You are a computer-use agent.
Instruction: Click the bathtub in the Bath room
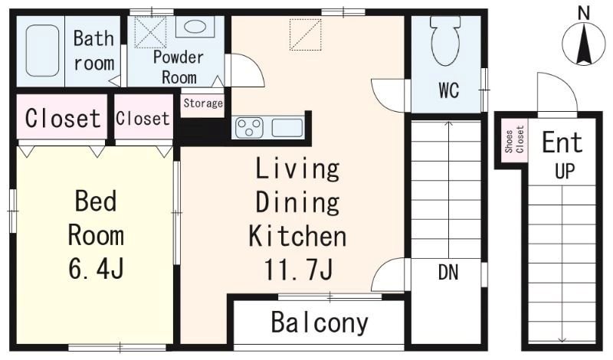pyautogui.click(x=43, y=51)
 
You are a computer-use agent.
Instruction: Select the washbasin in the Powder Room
pyautogui.click(x=195, y=27)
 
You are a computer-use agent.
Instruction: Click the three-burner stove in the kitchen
pyautogui.click(x=250, y=128)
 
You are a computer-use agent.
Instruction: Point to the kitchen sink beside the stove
pyautogui.click(x=287, y=128)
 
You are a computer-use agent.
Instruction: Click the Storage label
pyautogui.click(x=203, y=103)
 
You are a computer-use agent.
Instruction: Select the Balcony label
pyautogui.click(x=320, y=323)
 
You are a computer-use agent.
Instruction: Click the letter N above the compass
pyautogui.click(x=584, y=14)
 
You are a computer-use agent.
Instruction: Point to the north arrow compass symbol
pyautogui.click(x=584, y=44)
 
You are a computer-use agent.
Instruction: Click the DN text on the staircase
pyautogui.click(x=448, y=273)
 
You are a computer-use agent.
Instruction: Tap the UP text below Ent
pyautogui.click(x=565, y=172)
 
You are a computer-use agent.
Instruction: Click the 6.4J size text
pyautogui.click(x=97, y=268)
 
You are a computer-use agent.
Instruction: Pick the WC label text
pyautogui.click(x=448, y=90)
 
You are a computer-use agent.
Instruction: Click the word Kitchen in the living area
pyautogui.click(x=297, y=236)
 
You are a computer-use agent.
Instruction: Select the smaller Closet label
pyautogui.click(x=143, y=119)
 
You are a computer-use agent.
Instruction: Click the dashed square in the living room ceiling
pyautogui.click(x=305, y=34)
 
